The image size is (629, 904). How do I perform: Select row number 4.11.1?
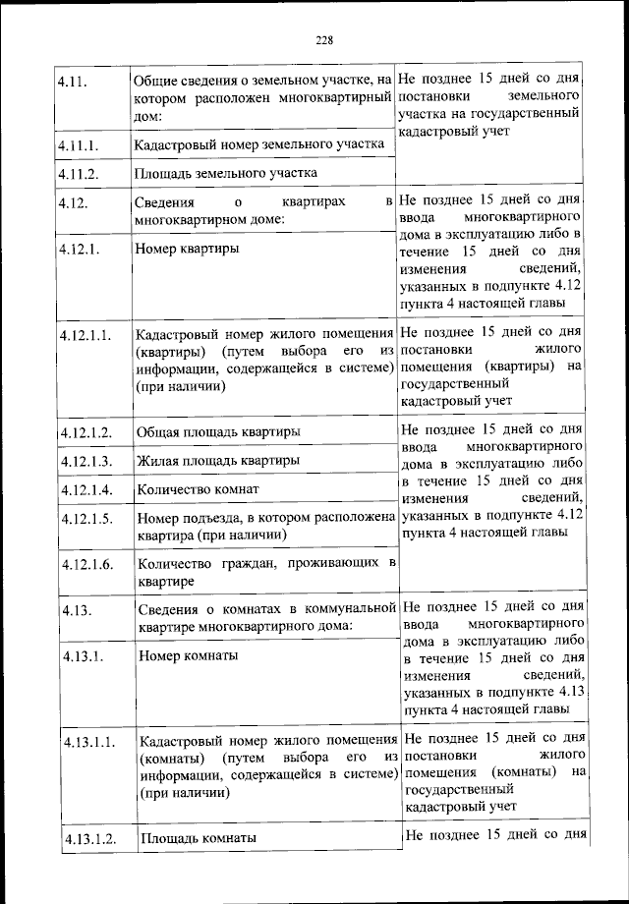(x=80, y=145)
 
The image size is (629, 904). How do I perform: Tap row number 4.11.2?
(x=80, y=174)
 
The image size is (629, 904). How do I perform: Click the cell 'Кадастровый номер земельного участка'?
(x=258, y=144)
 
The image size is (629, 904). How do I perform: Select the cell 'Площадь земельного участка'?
(x=226, y=174)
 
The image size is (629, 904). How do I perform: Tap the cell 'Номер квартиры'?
(x=187, y=249)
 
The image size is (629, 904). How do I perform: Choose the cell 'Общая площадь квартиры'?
(x=219, y=431)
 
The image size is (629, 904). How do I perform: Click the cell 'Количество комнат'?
(x=198, y=488)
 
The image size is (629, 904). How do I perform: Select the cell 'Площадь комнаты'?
(x=199, y=838)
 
